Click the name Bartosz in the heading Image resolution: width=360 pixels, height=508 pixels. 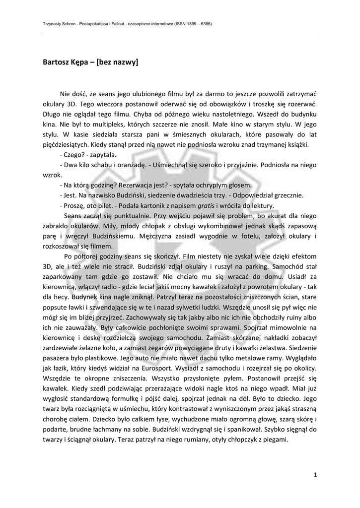point(56,63)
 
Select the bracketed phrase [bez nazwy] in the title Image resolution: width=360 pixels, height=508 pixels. point(117,63)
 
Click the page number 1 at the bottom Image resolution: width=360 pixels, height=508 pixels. point(315,475)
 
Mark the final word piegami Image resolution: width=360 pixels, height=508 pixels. point(275,439)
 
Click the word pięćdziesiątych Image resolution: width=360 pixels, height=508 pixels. point(66,145)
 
